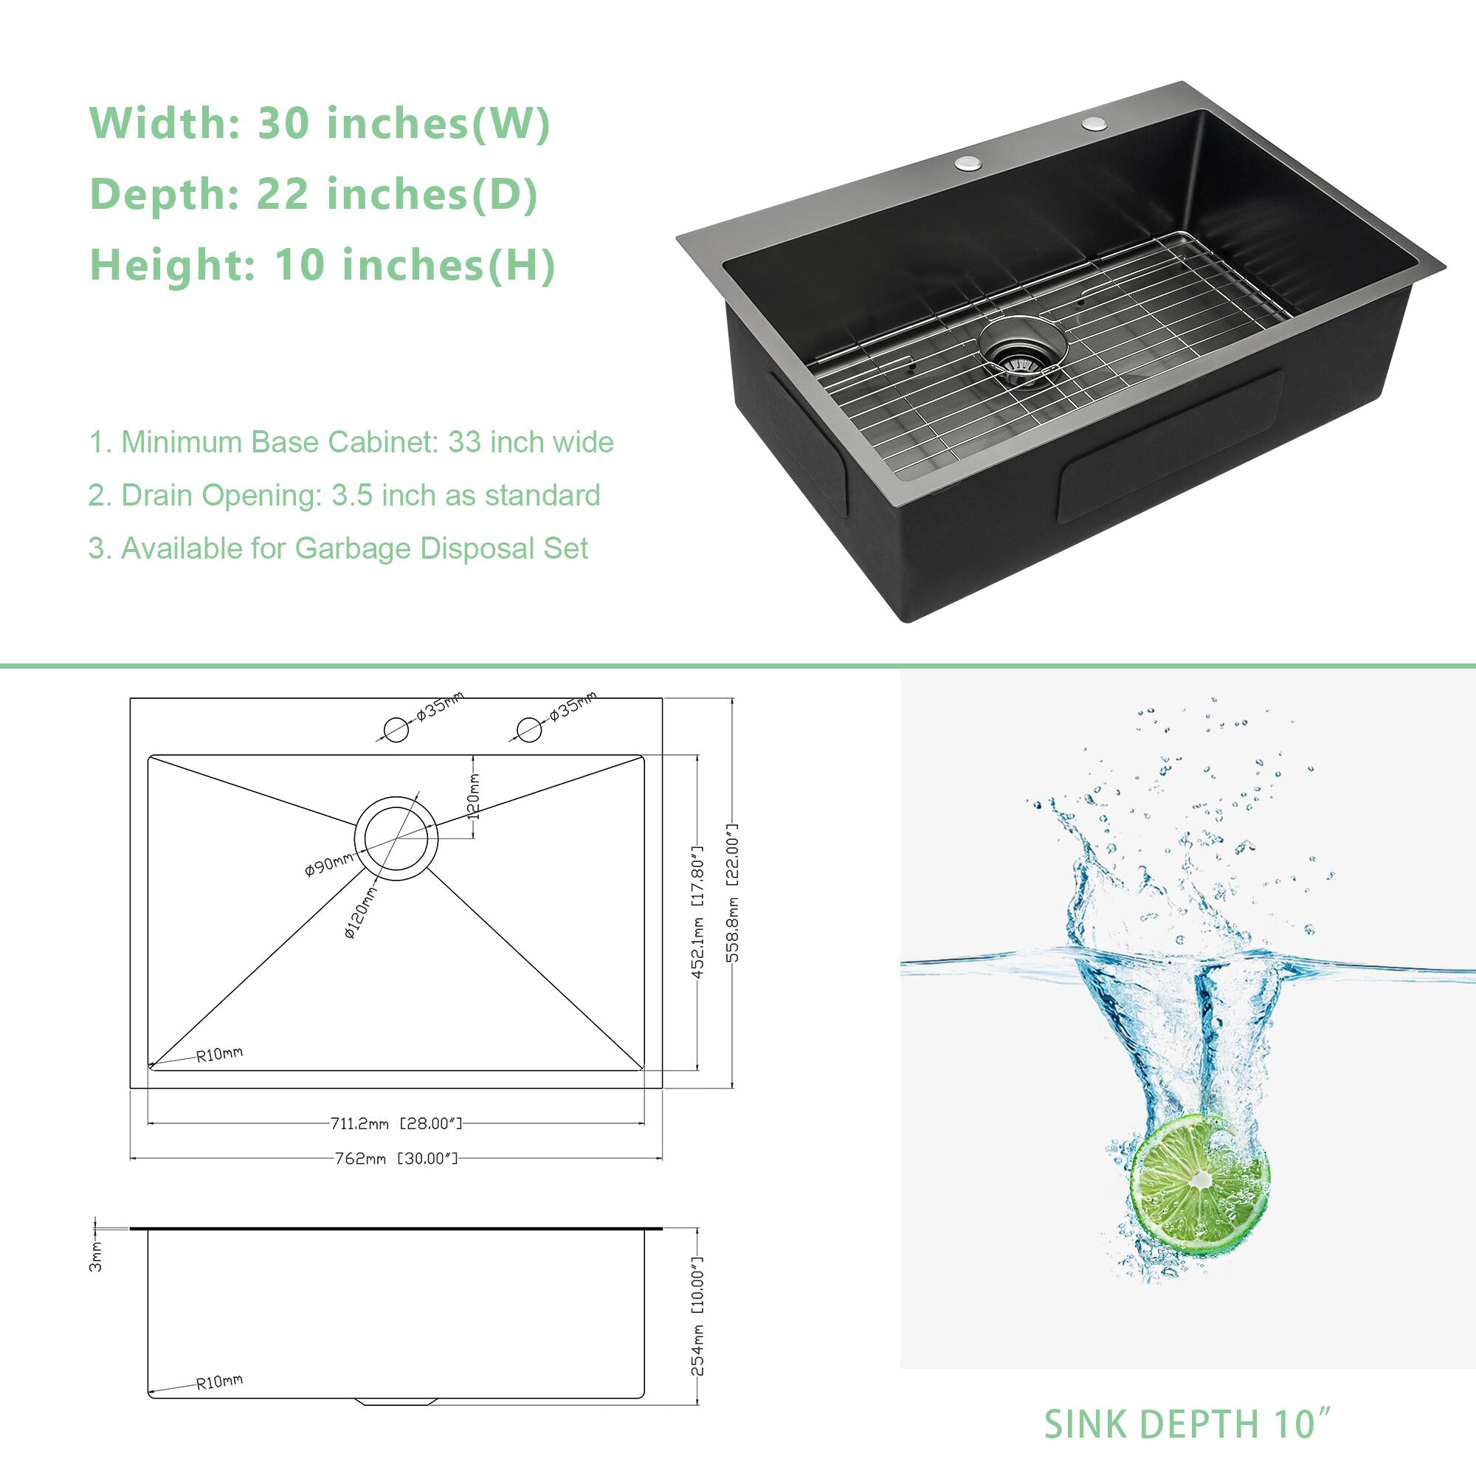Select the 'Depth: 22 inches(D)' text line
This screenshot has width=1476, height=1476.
(314, 193)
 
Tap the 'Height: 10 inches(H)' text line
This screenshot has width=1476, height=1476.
(323, 264)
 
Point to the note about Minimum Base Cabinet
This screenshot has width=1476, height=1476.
(351, 442)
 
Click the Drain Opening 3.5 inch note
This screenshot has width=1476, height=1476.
(344, 495)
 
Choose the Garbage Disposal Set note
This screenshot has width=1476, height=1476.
(338, 548)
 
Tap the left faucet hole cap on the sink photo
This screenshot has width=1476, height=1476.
(968, 162)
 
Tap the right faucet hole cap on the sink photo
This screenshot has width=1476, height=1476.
(1094, 123)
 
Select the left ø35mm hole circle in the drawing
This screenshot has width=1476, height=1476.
(396, 730)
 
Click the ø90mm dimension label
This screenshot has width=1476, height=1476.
(328, 865)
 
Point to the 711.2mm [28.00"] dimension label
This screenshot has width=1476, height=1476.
(396, 1124)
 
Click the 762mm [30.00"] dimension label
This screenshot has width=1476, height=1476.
(396, 1159)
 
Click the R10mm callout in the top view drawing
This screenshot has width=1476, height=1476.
(219, 1055)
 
